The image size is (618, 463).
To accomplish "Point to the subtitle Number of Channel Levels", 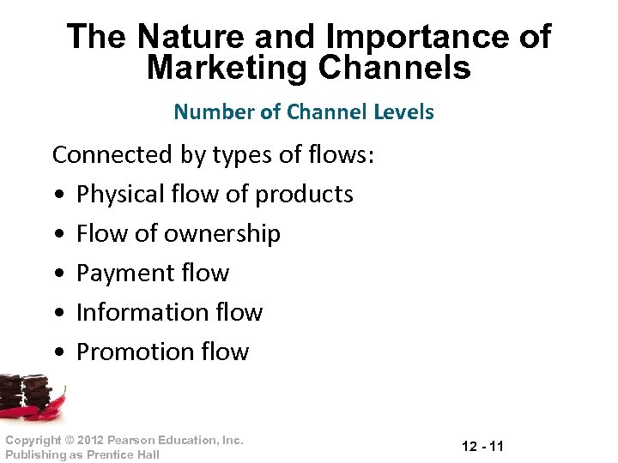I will [x=304, y=111].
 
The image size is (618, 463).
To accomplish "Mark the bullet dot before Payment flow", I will [x=58, y=274].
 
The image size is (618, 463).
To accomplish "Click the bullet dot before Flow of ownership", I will [x=58, y=235].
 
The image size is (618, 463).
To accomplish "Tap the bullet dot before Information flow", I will [x=58, y=314].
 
